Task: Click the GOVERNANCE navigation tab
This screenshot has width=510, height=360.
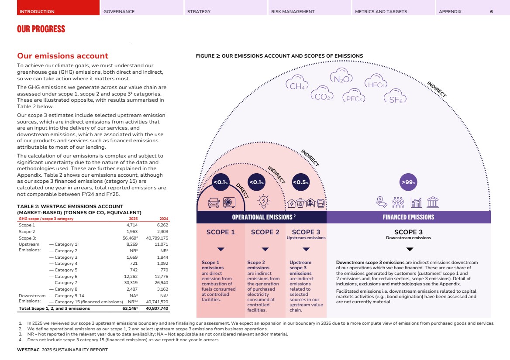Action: click(x=119, y=11)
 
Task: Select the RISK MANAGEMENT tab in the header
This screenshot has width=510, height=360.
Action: click(x=293, y=11)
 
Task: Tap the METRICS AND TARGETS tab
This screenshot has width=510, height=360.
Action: click(x=381, y=11)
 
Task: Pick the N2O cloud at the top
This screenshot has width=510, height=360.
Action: click(x=341, y=77)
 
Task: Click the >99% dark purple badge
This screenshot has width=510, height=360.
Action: click(x=408, y=182)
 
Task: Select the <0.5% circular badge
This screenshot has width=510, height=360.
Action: click(x=301, y=182)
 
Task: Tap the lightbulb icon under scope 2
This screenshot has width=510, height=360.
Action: click(x=264, y=202)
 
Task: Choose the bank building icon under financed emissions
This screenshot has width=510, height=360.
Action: click(x=433, y=202)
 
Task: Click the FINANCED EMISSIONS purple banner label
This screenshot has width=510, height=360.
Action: click(x=408, y=217)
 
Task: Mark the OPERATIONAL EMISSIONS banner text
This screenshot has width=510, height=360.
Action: click(x=262, y=217)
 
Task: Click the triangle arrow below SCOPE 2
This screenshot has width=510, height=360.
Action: click(x=265, y=250)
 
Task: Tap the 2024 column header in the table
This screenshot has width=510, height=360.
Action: click(x=164, y=219)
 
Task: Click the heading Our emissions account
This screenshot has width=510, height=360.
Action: click(x=62, y=56)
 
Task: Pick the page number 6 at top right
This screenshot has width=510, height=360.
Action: click(x=491, y=11)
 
